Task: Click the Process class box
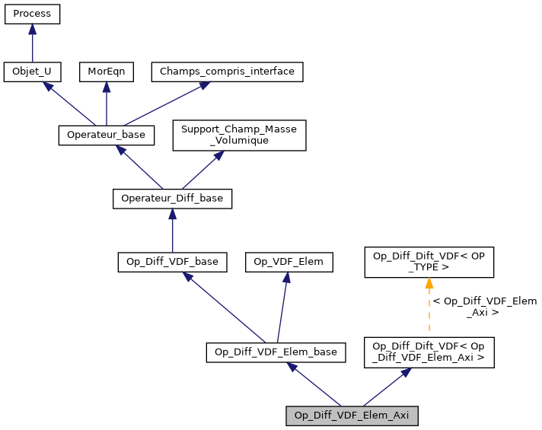click(32, 14)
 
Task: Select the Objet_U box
click(32, 72)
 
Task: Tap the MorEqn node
click(106, 72)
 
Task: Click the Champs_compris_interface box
click(228, 72)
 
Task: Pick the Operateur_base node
click(107, 135)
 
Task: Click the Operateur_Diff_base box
click(172, 199)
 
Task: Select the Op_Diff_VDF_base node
click(172, 262)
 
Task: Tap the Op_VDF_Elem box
click(289, 262)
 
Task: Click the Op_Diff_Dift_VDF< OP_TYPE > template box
click(429, 262)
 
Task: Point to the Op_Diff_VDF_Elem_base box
click(276, 352)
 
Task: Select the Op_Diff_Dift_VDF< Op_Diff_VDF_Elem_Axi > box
click(429, 352)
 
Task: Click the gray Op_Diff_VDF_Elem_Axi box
click(352, 416)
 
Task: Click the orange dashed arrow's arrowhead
click(429, 283)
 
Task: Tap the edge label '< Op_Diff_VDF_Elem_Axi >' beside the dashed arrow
click(485, 307)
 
